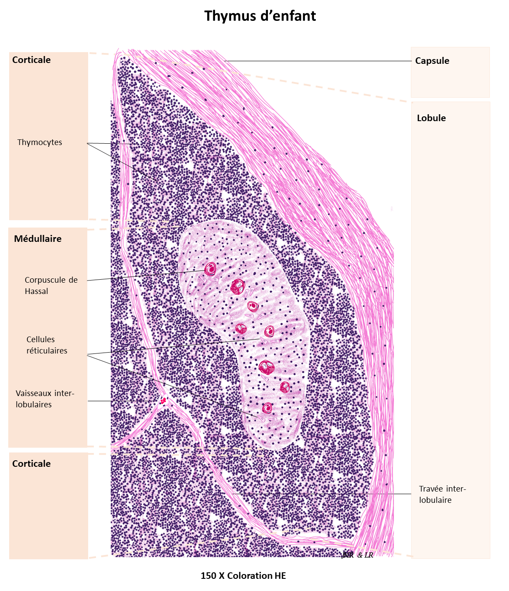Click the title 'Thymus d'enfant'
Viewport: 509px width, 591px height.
(260, 16)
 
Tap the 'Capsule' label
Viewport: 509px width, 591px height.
(432, 61)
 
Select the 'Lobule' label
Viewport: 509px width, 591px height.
(431, 118)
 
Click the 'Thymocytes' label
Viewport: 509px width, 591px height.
(40, 142)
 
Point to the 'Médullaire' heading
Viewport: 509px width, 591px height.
(38, 238)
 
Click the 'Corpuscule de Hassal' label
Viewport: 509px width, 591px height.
(51, 285)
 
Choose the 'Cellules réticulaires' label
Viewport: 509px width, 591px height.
(47, 345)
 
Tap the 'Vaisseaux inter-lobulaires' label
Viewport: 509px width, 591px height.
(45, 399)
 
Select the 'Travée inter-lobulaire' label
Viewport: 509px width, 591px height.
(443, 494)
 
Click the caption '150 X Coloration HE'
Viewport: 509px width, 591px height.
(243, 575)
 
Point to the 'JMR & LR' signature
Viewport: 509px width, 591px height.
(357, 555)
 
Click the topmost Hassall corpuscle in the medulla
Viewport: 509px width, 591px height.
(211, 269)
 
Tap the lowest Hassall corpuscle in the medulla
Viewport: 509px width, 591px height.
(268, 408)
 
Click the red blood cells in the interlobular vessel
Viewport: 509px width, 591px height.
(163, 401)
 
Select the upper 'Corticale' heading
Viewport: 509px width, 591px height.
(31, 60)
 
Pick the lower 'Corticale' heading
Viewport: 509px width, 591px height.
(31, 463)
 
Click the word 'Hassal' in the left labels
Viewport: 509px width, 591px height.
(36, 291)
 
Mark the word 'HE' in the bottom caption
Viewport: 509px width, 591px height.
(280, 575)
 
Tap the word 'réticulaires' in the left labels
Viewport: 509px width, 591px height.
(47, 350)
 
